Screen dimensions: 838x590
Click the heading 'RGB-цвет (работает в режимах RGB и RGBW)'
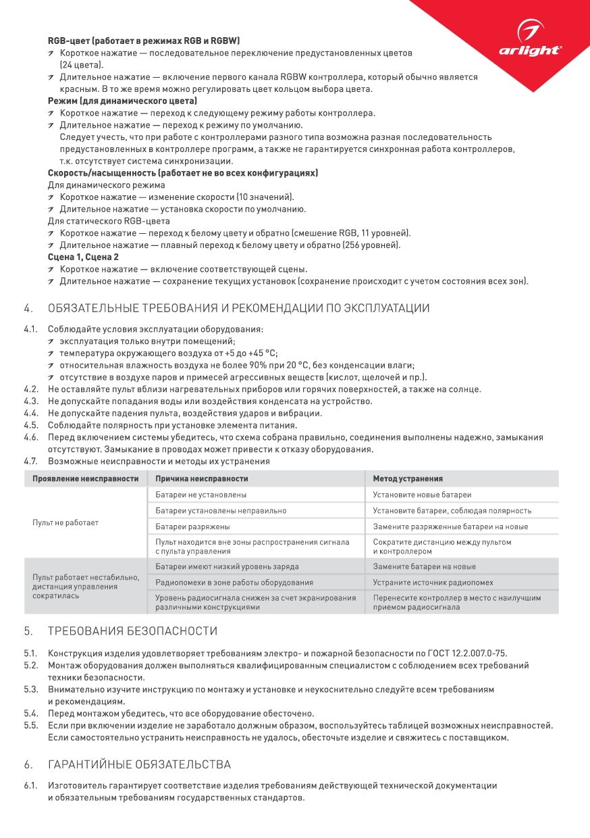click(x=144, y=41)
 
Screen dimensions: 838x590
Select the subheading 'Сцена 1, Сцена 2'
click(x=83, y=257)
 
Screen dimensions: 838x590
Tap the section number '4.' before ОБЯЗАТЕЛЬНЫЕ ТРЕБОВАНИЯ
click(x=28, y=308)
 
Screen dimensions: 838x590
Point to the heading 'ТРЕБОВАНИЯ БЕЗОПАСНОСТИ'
click(x=132, y=631)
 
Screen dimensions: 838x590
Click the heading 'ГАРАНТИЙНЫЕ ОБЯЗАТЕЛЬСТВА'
click(x=139, y=764)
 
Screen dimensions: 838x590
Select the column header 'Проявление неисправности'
click(x=86, y=478)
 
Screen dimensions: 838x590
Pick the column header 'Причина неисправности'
click(x=202, y=478)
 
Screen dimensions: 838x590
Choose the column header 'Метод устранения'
click(x=408, y=478)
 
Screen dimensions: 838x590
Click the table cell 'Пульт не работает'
click(x=65, y=522)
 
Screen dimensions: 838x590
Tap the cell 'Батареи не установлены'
click(x=200, y=495)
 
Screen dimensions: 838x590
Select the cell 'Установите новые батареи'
click(x=422, y=495)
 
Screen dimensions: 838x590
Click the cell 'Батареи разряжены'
click(x=192, y=526)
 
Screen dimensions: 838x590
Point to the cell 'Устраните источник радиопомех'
click(x=433, y=583)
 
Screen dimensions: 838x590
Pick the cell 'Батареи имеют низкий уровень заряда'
click(x=227, y=566)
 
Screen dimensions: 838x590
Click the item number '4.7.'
click(x=30, y=461)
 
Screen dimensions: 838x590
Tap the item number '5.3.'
click(x=30, y=689)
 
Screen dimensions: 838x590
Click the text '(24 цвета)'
click(x=82, y=65)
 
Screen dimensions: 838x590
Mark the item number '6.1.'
click(x=30, y=785)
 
